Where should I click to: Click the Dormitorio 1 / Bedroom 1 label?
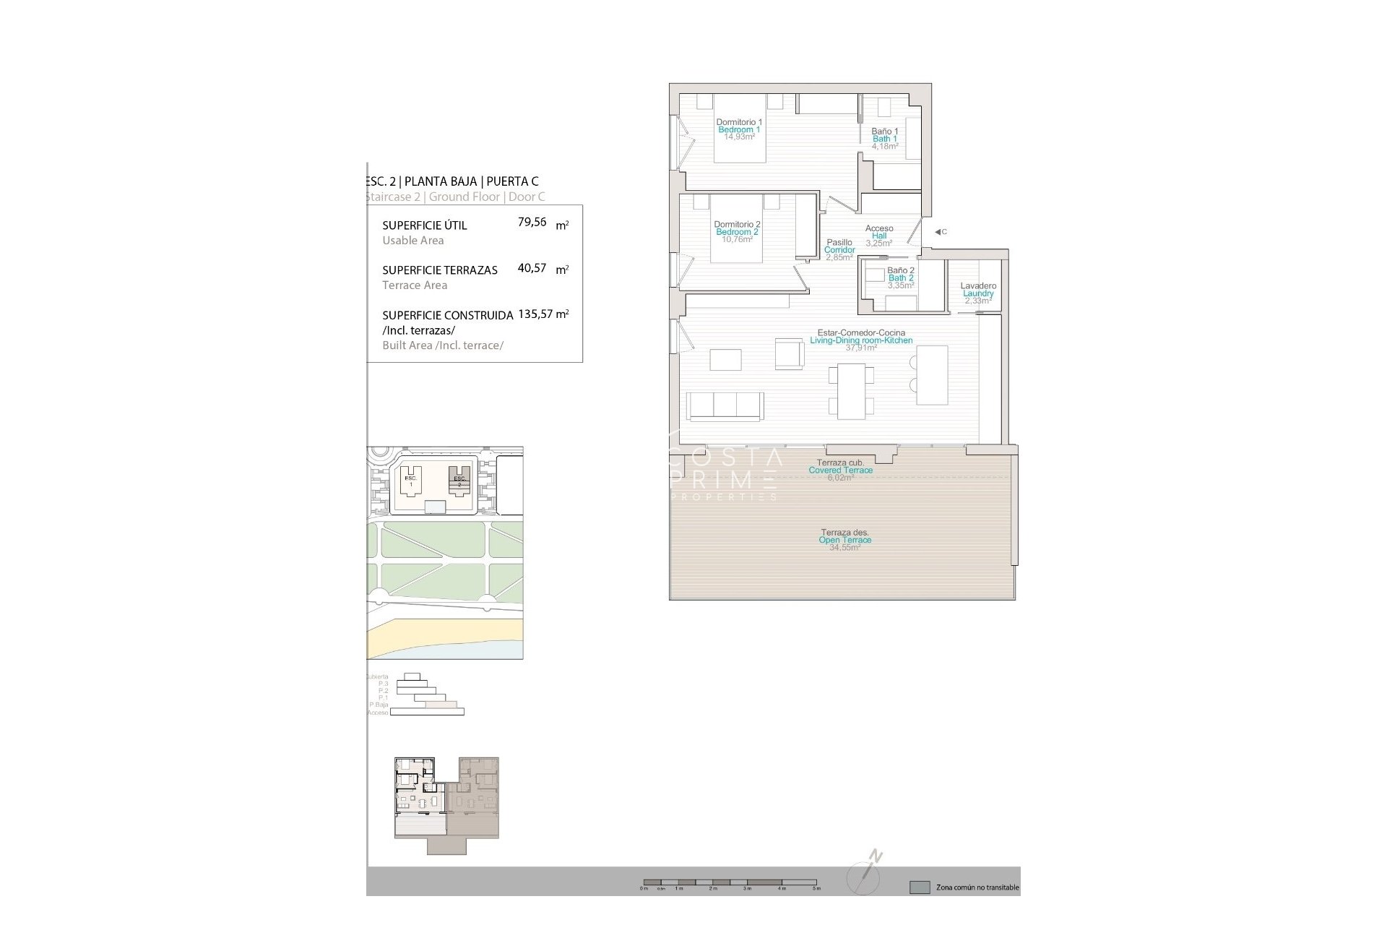point(738,126)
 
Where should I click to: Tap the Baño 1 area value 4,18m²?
point(884,146)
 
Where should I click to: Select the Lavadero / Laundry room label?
point(978,290)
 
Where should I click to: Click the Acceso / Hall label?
point(879,232)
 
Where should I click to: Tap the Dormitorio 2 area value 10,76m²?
point(737,239)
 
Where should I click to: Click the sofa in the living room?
point(725,405)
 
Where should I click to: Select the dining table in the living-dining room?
point(850,391)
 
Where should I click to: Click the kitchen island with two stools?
point(932,375)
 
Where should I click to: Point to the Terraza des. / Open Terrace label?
point(844,536)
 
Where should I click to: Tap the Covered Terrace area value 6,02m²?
point(840,478)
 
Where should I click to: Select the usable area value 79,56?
point(532,223)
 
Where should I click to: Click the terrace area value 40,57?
point(532,268)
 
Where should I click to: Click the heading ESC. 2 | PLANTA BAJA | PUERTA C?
point(452,181)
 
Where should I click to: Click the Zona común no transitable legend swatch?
point(920,887)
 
